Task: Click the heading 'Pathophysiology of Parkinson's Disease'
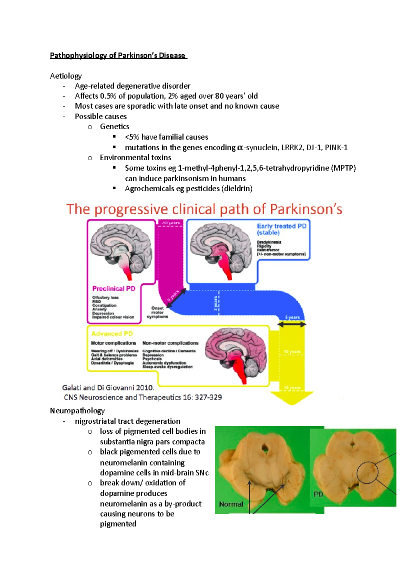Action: tap(118, 55)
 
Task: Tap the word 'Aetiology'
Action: tap(66, 76)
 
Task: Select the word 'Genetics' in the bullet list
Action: tap(115, 126)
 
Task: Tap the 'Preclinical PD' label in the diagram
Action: tap(114, 288)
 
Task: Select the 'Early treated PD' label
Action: tap(282, 226)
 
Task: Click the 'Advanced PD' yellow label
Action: tap(112, 333)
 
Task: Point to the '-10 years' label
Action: tap(171, 223)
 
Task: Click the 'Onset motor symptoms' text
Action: tap(157, 312)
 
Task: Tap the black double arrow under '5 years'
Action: tap(292, 324)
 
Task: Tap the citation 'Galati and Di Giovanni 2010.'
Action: tap(108, 388)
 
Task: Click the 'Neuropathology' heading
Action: tap(77, 411)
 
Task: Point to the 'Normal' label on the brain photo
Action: tap(231, 504)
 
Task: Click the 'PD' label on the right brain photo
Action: tap(318, 494)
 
